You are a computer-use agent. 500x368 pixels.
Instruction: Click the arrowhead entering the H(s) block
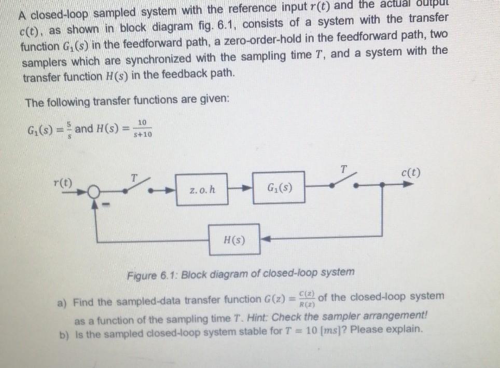pyautogui.click(x=263, y=240)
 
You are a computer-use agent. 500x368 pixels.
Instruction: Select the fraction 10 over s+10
pyautogui.click(x=142, y=128)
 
